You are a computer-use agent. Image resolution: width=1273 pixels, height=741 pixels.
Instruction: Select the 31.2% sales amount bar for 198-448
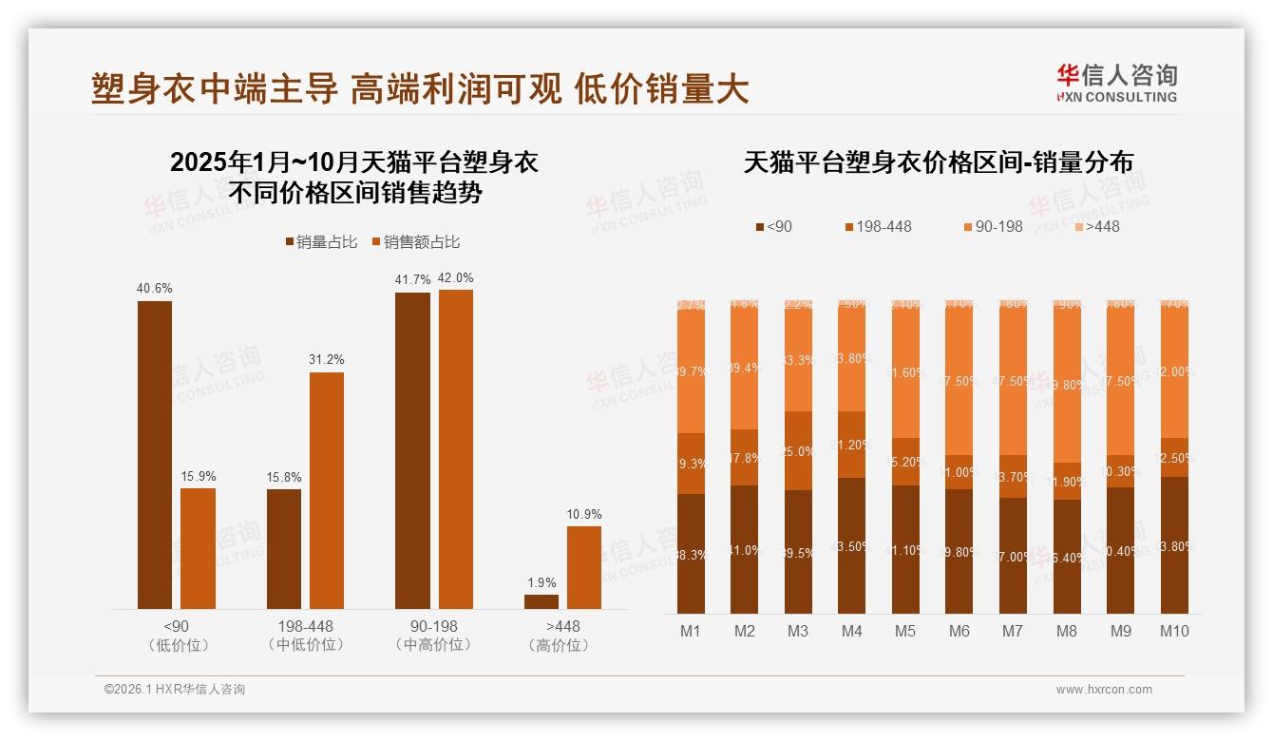pyautogui.click(x=327, y=489)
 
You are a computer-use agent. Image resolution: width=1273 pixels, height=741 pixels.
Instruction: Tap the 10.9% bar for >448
pyautogui.click(x=584, y=567)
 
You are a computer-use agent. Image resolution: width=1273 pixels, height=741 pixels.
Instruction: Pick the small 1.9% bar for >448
pyautogui.click(x=541, y=601)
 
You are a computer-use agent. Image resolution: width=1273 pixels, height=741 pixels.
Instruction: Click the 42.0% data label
pyautogui.click(x=455, y=278)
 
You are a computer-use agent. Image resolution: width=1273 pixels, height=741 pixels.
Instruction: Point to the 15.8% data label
pyautogui.click(x=284, y=478)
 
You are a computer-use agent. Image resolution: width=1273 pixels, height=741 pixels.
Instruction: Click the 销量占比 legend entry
pyautogui.click(x=321, y=242)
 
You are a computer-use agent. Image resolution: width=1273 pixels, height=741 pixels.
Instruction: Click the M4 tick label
pyautogui.click(x=852, y=631)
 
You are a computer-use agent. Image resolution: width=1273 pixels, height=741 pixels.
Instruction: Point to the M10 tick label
pyautogui.click(x=1174, y=631)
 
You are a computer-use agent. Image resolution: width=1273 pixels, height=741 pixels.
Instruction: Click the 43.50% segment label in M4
pyautogui.click(x=852, y=546)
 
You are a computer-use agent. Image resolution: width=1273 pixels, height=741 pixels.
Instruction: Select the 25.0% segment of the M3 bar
pyautogui.click(x=798, y=451)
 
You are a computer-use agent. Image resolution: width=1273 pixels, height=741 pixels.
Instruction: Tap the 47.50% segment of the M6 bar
pyautogui.click(x=959, y=380)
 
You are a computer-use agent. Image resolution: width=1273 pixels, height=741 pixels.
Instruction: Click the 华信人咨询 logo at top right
pyautogui.click(x=1116, y=83)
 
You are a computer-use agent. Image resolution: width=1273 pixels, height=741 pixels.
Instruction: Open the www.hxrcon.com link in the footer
pyautogui.click(x=1104, y=690)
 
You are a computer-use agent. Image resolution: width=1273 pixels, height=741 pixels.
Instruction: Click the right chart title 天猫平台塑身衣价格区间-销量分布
pyautogui.click(x=938, y=162)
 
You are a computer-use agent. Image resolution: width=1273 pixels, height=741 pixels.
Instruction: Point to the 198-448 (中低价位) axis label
pyautogui.click(x=306, y=636)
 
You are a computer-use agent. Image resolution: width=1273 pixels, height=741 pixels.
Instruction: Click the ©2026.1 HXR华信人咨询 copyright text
pyautogui.click(x=175, y=690)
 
